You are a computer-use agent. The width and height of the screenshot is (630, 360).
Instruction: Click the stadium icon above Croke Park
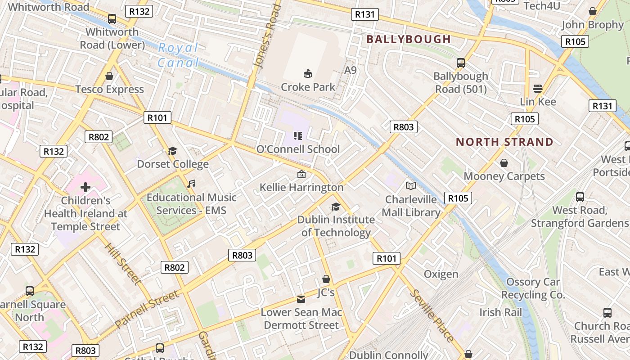coord(308,73)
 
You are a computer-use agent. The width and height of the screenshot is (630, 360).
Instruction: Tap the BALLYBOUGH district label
coord(408,39)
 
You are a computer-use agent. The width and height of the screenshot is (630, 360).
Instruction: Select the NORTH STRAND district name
coord(504,142)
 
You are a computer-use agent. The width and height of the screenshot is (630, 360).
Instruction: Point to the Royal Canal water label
coord(178,54)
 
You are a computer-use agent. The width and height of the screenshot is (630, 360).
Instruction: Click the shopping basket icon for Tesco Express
coord(109,76)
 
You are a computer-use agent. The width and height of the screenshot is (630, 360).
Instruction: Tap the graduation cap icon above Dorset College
coord(172,151)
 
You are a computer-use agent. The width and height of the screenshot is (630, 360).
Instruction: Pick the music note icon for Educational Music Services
coord(191,184)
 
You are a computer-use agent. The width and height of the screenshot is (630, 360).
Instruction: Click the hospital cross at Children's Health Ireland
coord(85,187)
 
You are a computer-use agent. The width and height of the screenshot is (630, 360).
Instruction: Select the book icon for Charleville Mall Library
coord(410,186)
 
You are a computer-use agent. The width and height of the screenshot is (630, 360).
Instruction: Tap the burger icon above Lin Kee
coord(537,88)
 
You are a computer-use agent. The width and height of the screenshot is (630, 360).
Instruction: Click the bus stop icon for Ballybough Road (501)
coord(460,63)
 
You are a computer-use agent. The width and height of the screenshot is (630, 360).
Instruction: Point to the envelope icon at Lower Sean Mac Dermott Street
coord(301,299)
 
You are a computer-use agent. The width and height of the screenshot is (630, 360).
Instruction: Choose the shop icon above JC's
coord(326,279)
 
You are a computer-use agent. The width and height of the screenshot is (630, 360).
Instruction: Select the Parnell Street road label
coord(147,309)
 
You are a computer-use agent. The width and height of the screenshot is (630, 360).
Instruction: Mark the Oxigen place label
coord(441,274)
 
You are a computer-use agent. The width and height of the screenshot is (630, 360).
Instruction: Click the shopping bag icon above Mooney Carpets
coord(504,162)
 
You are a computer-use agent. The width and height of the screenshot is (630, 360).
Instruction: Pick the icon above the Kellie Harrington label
coord(301,174)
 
